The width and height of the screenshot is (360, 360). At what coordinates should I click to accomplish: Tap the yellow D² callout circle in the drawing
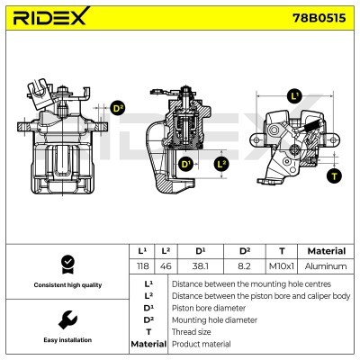tap(117, 109)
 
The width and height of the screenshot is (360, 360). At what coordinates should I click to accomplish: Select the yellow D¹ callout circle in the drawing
tap(186, 164)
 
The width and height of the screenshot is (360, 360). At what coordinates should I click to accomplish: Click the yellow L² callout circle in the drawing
tap(222, 164)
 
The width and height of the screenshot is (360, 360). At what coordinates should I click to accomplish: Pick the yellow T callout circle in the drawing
tap(334, 176)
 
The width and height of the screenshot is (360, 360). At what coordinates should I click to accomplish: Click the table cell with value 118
tap(142, 266)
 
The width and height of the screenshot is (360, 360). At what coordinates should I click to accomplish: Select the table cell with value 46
tap(166, 266)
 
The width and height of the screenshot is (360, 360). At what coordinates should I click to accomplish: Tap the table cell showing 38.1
tap(200, 266)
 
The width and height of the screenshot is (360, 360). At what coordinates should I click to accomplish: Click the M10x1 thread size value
tap(283, 266)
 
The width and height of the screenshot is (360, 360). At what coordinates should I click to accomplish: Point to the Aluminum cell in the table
tap(326, 266)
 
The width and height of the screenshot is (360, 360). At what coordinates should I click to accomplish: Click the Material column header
tap(326, 251)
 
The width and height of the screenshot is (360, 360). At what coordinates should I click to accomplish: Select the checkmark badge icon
tap(66, 263)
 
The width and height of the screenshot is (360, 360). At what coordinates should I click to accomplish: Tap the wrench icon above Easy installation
tap(66, 319)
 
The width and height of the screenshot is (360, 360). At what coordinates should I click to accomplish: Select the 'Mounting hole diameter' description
tap(214, 319)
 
